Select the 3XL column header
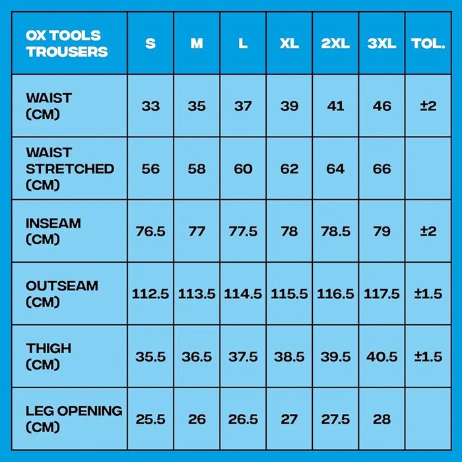click(381, 44)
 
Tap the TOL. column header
click(428, 44)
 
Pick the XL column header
click(289, 44)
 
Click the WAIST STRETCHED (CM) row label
click(69, 169)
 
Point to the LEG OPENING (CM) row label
click(74, 418)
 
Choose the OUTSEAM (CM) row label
click(62, 294)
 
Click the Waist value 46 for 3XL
click(381, 106)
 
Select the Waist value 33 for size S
click(150, 106)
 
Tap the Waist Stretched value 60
click(243, 169)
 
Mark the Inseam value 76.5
click(150, 231)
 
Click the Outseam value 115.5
click(289, 294)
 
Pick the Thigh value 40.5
click(381, 356)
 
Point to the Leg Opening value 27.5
click(335, 419)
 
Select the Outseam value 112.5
click(150, 294)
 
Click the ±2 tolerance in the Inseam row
click(428, 231)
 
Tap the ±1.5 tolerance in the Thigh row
click(428, 356)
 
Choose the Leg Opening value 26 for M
click(197, 419)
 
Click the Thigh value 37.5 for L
click(243, 356)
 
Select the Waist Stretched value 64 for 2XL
click(335, 169)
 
